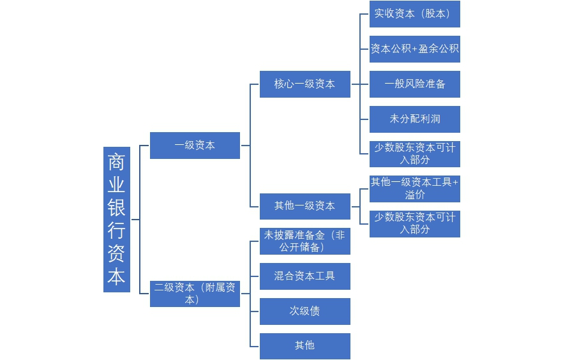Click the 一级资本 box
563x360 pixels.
pos(195,146)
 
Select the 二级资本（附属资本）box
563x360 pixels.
pos(195,293)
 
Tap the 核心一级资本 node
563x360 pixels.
pos(304,84)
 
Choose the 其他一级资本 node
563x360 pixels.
pos(304,206)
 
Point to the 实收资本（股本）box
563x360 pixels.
pos(414,14)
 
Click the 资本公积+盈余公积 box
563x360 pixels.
pos(414,49)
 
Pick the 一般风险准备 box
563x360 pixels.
pos(414,84)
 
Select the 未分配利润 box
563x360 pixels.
pos(414,119)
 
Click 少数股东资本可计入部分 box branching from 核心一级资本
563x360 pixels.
pos(414,154)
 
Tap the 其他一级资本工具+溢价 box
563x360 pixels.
pos(414,188)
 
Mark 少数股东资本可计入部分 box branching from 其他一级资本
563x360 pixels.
pos(414,223)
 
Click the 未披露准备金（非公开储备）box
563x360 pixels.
pos(304,241)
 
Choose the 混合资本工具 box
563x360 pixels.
pos(304,276)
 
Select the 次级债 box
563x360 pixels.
pos(304,311)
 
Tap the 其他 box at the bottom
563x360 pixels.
pos(304,345)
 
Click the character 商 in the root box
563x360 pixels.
pos(116,162)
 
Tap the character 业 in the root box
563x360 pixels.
pos(116,185)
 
